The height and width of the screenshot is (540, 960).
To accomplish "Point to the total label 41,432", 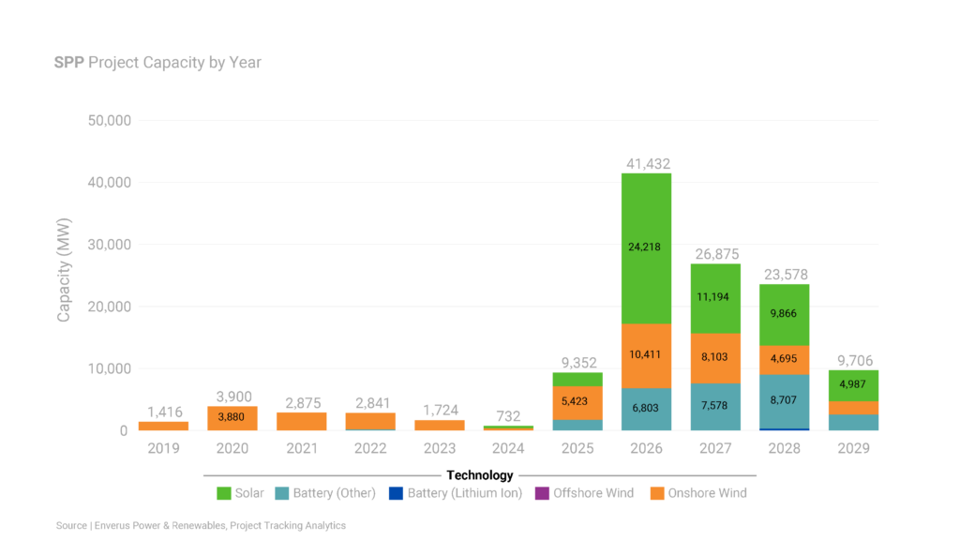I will [x=648, y=164].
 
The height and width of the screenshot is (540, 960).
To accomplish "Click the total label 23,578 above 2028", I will [x=785, y=276].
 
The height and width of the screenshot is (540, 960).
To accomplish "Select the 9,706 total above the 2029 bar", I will [x=853, y=361].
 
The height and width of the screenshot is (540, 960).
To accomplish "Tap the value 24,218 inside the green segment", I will [x=646, y=247].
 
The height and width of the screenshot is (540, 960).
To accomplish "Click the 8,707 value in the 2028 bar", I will [x=785, y=402].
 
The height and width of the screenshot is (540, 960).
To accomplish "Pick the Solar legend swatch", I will [x=224, y=493].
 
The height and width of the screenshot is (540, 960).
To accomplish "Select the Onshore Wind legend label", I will [x=705, y=493].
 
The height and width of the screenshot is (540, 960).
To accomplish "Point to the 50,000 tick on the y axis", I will [x=108, y=121].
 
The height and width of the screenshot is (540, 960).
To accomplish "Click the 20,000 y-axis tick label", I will [x=108, y=307].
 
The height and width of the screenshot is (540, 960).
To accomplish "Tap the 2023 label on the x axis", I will [x=439, y=449].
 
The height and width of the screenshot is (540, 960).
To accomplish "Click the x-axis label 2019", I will [x=163, y=449].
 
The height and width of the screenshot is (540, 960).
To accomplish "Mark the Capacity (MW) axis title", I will [x=65, y=276].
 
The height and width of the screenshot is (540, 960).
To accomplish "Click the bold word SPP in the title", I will [x=69, y=63].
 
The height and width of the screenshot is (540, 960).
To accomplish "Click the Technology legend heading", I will [x=480, y=475].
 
